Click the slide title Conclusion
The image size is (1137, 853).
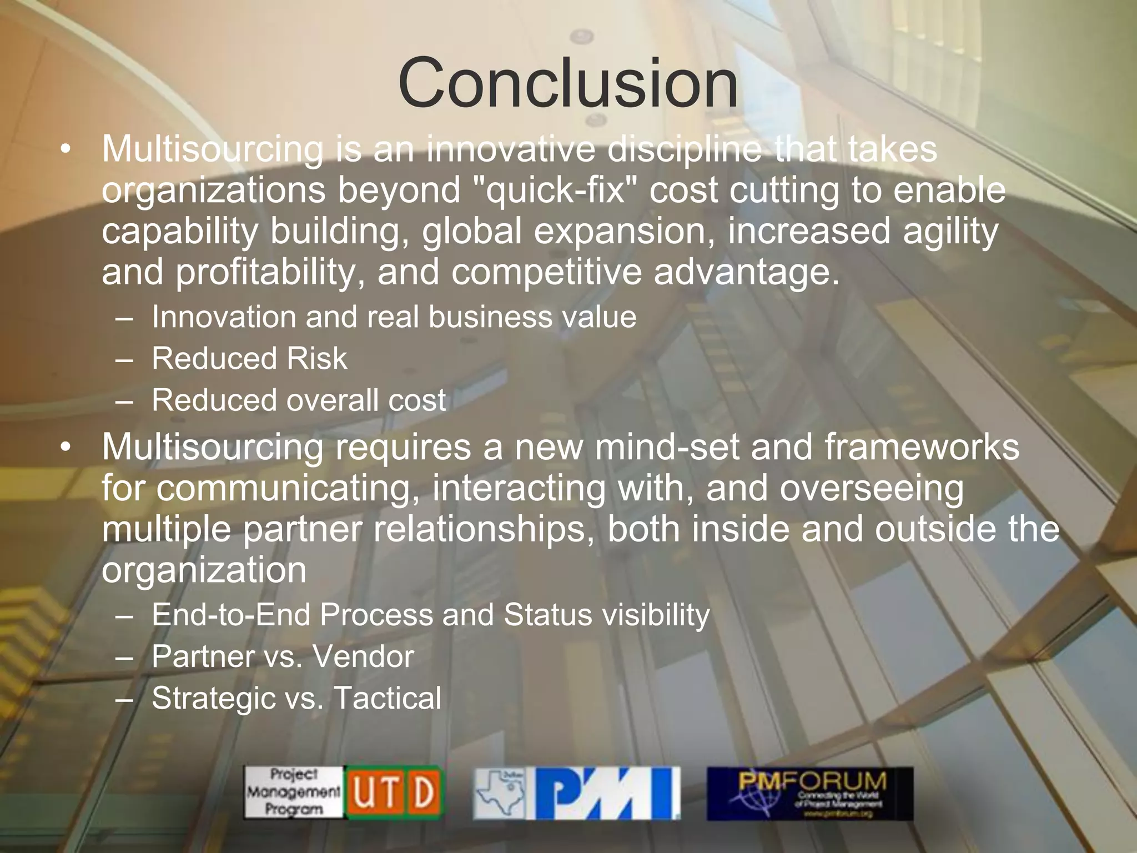pos(568,83)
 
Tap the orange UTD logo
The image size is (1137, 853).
pos(394,792)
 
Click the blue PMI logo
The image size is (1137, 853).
pos(607,793)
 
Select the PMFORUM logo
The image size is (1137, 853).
pos(809,793)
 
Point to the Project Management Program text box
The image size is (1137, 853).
pos(293,792)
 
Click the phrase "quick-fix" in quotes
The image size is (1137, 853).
pos(556,190)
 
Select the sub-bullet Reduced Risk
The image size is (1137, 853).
pos(249,358)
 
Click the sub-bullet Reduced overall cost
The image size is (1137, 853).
pos(299,400)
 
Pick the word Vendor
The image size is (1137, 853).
pos(363,656)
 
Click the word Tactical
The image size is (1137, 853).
pos(388,698)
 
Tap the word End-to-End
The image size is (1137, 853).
pos(230,615)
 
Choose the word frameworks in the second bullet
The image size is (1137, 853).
pos(922,447)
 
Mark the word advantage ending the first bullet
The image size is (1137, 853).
pos(747,273)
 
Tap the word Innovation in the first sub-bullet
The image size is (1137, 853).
pos(224,317)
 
